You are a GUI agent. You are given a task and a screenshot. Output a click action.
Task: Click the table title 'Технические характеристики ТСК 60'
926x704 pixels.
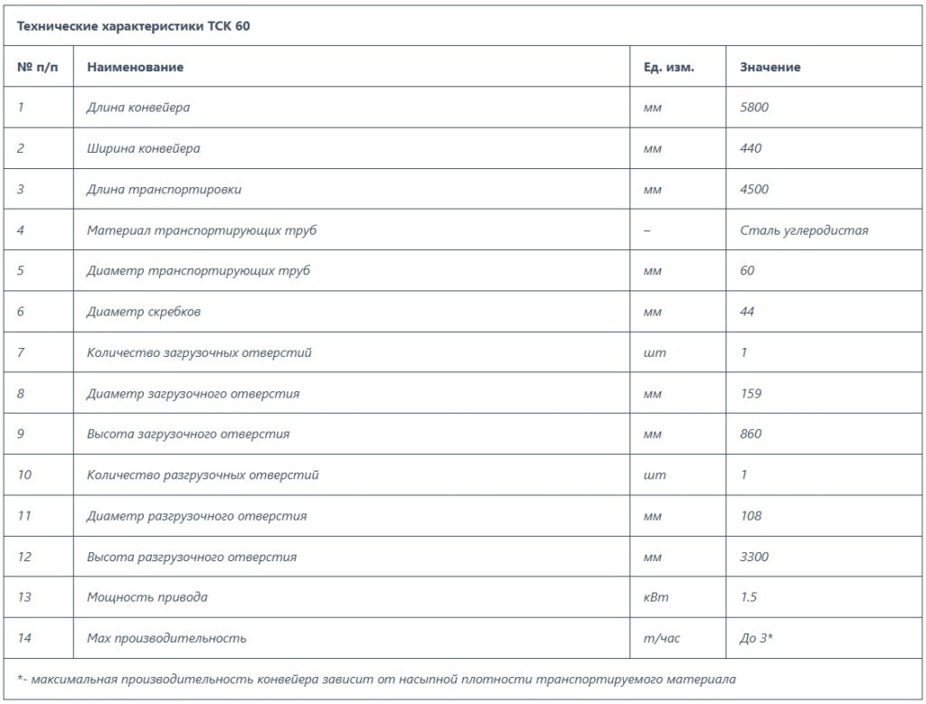pos(134,26)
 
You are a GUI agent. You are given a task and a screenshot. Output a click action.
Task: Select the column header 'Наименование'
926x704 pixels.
pos(135,67)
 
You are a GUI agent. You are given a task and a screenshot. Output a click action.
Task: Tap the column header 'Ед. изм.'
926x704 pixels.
pos(668,67)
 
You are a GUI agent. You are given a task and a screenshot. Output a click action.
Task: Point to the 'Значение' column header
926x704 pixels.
pos(770,67)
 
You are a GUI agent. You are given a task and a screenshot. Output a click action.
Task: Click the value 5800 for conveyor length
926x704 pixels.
pos(754,108)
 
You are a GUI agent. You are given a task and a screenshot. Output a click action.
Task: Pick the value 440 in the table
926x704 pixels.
pos(751,148)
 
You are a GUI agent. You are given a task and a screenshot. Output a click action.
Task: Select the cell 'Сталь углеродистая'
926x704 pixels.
pos(803,230)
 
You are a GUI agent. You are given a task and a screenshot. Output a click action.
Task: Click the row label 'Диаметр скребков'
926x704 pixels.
pos(143,312)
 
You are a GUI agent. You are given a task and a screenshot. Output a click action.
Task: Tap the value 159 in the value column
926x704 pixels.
pos(751,393)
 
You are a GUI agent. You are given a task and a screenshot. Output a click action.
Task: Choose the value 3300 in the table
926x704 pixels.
pos(754,557)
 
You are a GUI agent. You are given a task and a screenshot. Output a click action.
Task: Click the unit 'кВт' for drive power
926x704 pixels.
pos(656,597)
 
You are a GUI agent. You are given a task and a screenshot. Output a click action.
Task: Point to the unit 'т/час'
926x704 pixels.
pos(661,638)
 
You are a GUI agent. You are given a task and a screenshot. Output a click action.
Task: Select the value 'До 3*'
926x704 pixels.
pos(756,638)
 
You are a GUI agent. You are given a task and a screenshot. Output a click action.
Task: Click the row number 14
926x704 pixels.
pos(24,638)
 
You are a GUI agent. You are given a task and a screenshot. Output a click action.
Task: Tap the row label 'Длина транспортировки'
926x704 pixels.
pos(164,190)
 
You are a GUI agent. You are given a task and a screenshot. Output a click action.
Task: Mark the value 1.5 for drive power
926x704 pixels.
pos(748,597)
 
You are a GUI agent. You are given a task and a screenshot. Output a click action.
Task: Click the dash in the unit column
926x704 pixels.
pos(647,230)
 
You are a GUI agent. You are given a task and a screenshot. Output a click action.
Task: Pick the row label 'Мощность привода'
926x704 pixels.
pos(146,597)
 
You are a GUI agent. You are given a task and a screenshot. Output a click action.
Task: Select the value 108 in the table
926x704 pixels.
pos(751,516)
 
